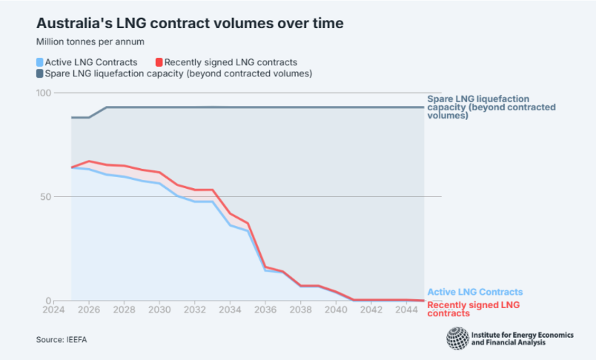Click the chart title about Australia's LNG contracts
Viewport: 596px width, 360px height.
[190, 23]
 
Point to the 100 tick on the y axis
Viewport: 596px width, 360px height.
[44, 93]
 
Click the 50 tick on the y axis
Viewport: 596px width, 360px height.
[46, 197]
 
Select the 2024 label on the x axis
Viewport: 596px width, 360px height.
[54, 309]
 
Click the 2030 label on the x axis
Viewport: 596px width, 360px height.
[160, 309]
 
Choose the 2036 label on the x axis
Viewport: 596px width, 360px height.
[265, 309]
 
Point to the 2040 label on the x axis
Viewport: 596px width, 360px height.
[336, 309]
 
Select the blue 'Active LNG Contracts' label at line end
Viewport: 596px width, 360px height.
[475, 293]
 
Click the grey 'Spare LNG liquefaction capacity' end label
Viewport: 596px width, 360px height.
[491, 107]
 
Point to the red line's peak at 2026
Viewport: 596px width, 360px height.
[89, 161]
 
